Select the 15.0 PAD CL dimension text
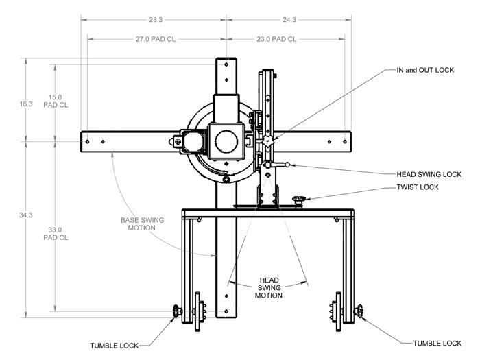click(56, 101)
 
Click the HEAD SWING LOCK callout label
click(429, 174)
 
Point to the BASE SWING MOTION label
click(142, 224)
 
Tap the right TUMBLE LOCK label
click(436, 343)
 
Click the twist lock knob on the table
click(298, 200)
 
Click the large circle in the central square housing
click(226, 142)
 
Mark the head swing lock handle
click(280, 165)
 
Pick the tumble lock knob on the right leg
click(359, 313)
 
